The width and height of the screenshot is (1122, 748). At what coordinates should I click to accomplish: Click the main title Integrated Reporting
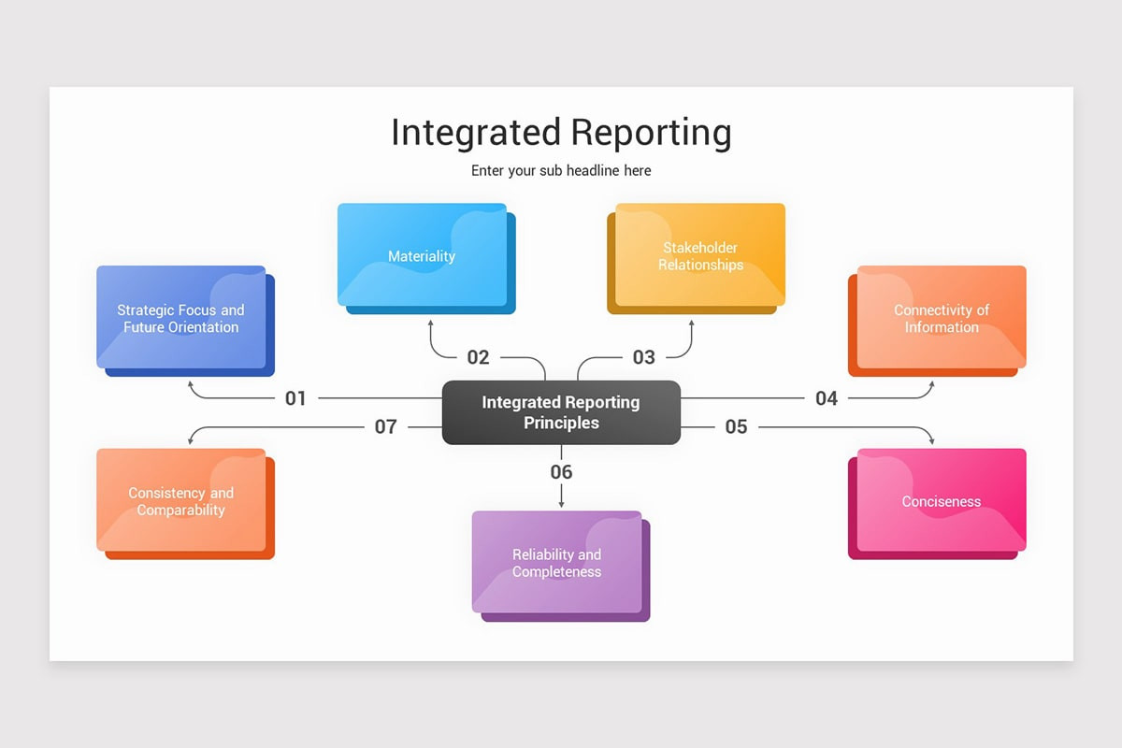(x=561, y=133)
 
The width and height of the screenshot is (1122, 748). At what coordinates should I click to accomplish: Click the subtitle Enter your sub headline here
(x=561, y=171)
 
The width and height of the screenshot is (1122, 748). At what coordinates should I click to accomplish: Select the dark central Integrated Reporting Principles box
(x=561, y=412)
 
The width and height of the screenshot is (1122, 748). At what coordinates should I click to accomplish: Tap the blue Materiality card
(x=422, y=255)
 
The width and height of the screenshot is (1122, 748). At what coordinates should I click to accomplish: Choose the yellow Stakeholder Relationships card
(x=700, y=255)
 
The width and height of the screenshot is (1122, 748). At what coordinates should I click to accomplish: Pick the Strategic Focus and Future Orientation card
(x=180, y=318)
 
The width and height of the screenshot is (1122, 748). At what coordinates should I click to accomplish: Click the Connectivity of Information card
(x=942, y=318)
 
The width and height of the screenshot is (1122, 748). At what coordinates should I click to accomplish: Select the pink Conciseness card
(x=942, y=501)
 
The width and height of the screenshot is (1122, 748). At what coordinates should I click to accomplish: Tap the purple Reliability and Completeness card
(x=557, y=563)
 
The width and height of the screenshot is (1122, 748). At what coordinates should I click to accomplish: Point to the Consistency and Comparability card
(x=180, y=501)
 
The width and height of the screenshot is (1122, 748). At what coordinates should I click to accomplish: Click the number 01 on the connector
(x=295, y=398)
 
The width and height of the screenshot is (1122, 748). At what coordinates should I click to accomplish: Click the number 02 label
(x=478, y=357)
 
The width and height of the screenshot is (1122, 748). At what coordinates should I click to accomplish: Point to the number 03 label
(x=643, y=357)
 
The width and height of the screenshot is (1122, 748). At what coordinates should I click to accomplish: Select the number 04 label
(x=827, y=398)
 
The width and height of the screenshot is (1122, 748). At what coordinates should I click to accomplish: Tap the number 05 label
(x=737, y=427)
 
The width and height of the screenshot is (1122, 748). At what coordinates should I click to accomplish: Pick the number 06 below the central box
(x=561, y=472)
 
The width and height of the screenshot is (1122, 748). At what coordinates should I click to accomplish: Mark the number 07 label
(x=385, y=427)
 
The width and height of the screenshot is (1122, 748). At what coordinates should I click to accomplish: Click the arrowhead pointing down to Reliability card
(x=561, y=504)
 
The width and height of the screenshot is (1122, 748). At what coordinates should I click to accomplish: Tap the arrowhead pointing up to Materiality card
(x=431, y=324)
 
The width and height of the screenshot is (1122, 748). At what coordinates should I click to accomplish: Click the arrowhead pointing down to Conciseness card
(x=932, y=440)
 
